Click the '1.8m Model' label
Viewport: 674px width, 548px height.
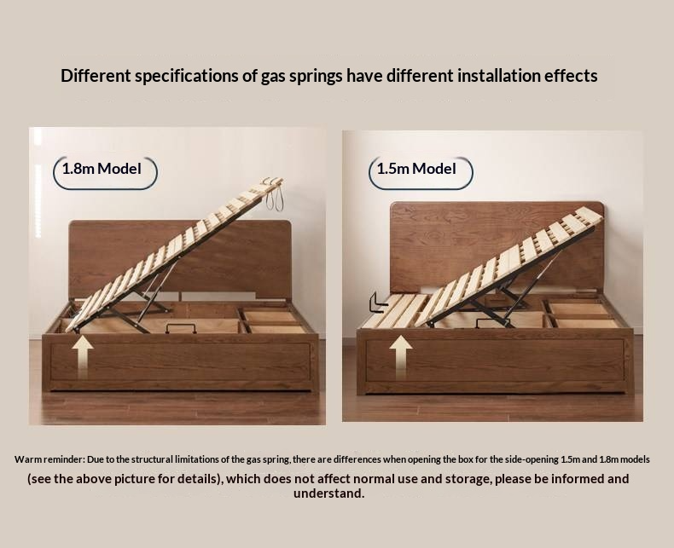pos(107,169)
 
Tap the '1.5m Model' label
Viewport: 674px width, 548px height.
pos(416,169)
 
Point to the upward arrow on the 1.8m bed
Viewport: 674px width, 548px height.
pos(84,356)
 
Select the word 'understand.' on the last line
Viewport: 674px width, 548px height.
pos(329,493)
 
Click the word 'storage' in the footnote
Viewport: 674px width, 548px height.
pos(465,478)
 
